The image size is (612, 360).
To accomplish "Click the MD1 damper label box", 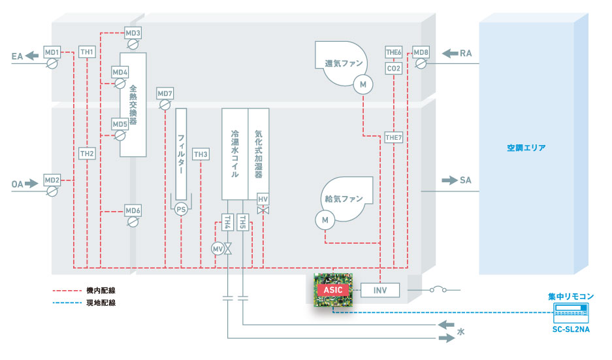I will tap(52, 52).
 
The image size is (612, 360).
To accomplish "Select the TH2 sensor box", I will tap(87, 154).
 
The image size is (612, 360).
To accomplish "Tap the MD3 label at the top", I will tap(133, 33).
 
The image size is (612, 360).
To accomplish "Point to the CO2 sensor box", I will tap(393, 68).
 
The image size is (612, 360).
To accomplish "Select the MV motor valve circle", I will tap(217, 249).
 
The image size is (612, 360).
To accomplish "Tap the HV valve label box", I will tap(263, 199).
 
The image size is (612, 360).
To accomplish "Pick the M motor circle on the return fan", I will tap(362, 84).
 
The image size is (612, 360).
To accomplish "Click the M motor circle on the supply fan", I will tap(325, 221).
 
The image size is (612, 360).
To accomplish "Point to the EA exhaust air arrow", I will tap(32, 57).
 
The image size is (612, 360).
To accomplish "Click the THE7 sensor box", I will tap(394, 137).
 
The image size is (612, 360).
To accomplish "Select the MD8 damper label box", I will tap(421, 52).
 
